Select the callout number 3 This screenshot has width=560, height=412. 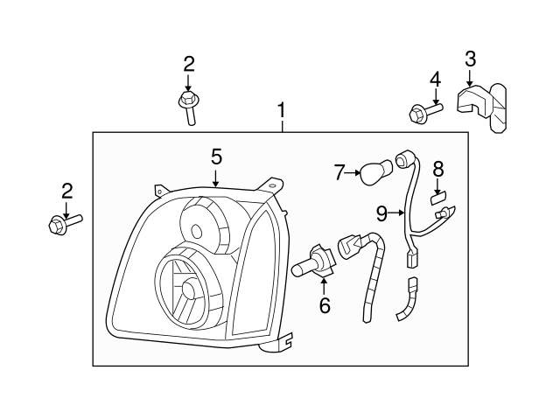pyautogui.click(x=470, y=59)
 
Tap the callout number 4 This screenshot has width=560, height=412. pyautogui.click(x=435, y=80)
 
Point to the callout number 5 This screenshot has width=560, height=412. pyautogui.click(x=216, y=157)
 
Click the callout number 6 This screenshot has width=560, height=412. pyautogui.click(x=325, y=305)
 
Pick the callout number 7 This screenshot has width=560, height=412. pyautogui.click(x=340, y=172)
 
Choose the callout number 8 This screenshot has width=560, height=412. pyautogui.click(x=438, y=167)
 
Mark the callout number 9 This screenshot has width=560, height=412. pyautogui.click(x=381, y=212)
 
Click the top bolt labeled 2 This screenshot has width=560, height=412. pyautogui.click(x=188, y=107)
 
